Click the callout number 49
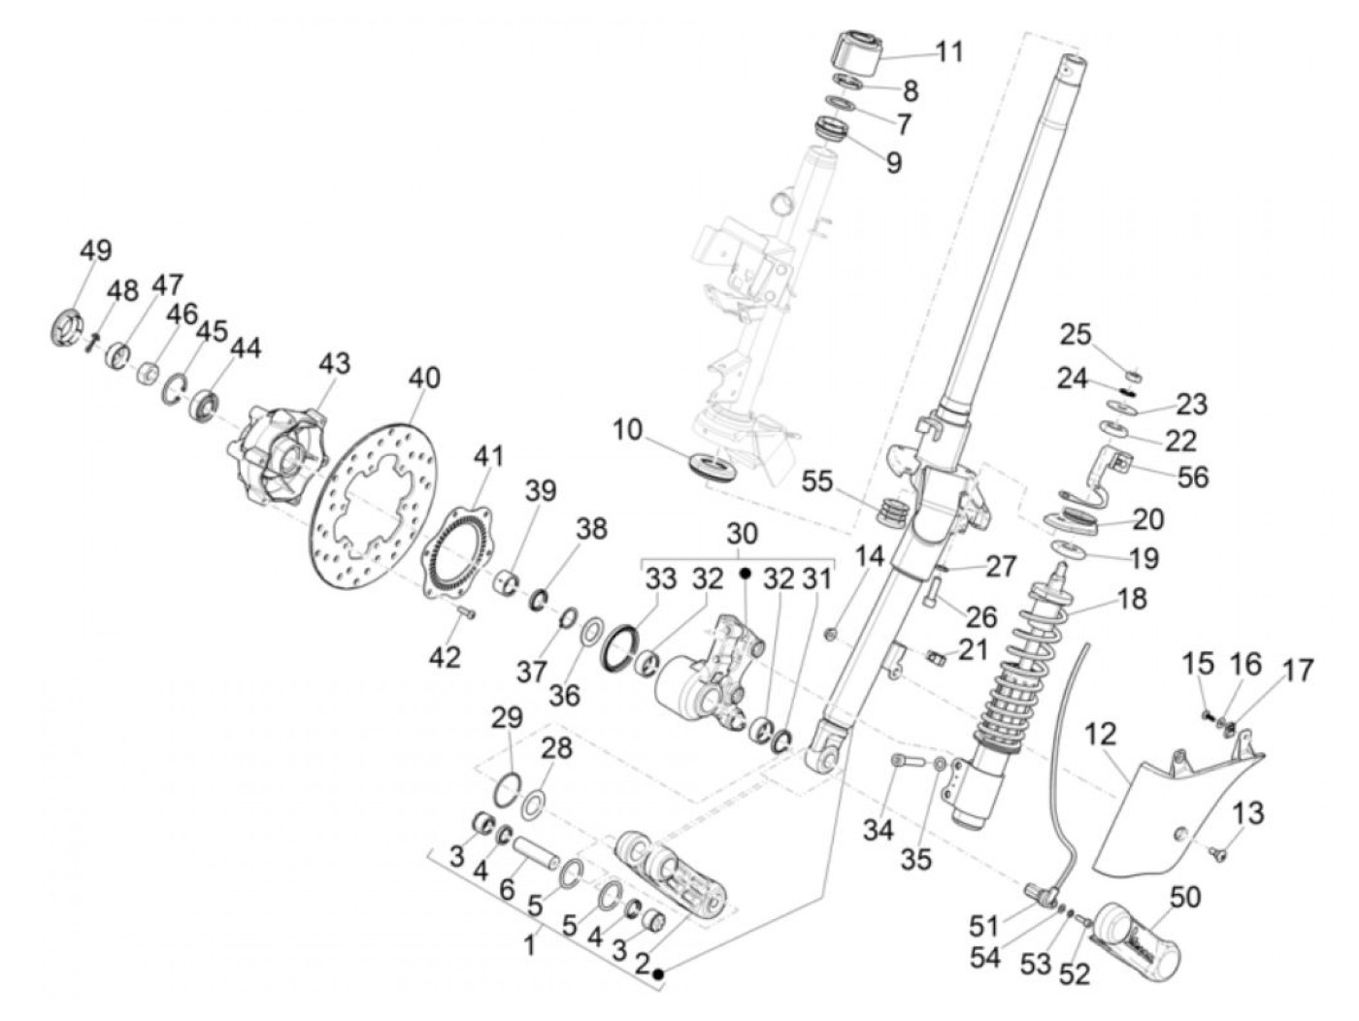tap(96, 250)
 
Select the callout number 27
tap(1001, 566)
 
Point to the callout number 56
tap(1192, 478)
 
